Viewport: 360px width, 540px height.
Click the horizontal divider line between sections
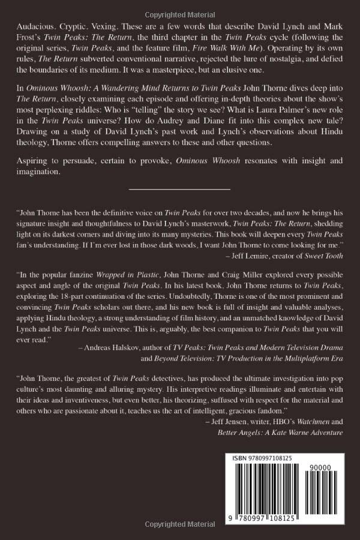(179, 189)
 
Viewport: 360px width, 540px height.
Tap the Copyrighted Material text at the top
(180, 6)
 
